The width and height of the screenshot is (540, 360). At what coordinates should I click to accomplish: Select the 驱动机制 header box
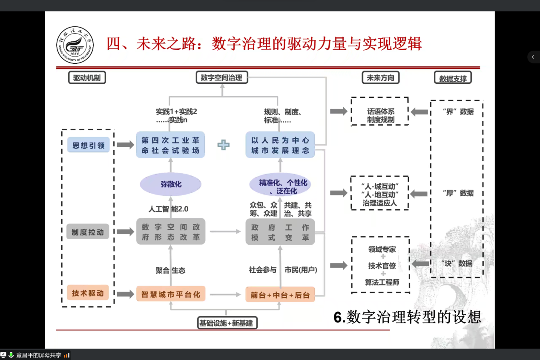click(87, 78)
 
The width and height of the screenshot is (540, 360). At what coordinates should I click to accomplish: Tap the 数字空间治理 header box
click(221, 78)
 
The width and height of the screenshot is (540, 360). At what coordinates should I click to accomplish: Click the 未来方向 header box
click(380, 78)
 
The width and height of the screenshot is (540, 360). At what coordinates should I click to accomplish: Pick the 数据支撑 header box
click(453, 79)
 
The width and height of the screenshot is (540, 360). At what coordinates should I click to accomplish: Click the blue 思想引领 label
click(88, 145)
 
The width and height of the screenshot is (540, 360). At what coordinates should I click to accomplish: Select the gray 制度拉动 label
click(88, 232)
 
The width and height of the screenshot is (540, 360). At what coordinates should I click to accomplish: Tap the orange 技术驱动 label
click(88, 293)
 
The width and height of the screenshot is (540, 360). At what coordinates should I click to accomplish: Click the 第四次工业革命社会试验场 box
click(170, 145)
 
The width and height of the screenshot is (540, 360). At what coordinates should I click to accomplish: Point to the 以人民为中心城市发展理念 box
click(280, 145)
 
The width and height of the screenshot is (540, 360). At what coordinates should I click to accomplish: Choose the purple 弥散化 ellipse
click(170, 184)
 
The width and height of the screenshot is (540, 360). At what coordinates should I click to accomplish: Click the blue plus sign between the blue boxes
click(224, 145)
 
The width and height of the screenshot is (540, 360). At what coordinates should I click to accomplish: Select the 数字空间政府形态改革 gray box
click(171, 232)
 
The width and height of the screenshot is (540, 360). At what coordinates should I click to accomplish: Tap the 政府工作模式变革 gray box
click(280, 232)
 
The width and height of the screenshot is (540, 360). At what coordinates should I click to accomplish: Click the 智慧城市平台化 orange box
click(171, 294)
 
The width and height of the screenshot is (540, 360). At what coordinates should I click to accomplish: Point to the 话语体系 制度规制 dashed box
click(380, 111)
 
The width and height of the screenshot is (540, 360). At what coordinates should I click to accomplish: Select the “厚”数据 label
click(458, 193)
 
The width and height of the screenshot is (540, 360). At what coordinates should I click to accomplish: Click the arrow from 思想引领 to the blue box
click(125, 145)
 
